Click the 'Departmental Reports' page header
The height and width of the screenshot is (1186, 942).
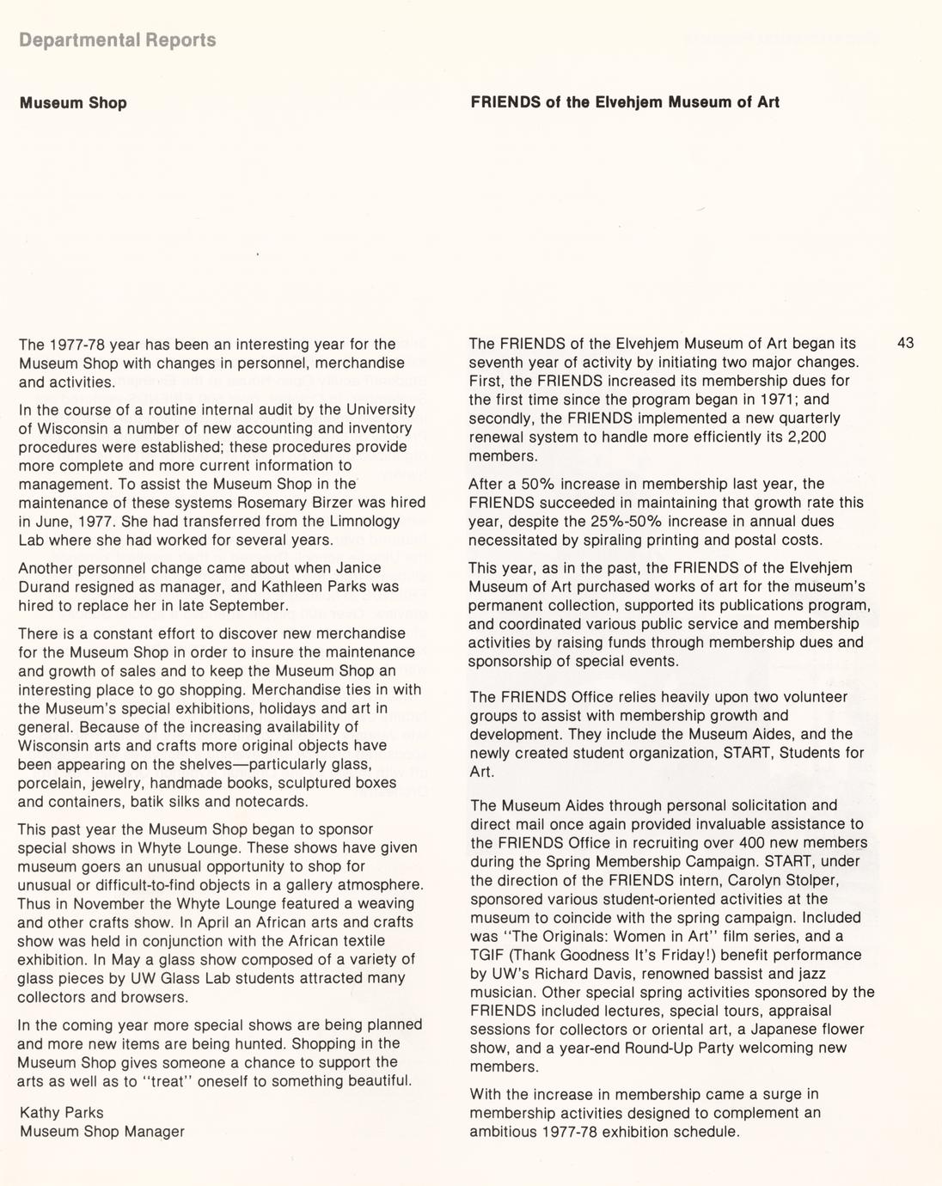point(118,40)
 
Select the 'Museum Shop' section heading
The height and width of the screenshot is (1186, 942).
point(73,103)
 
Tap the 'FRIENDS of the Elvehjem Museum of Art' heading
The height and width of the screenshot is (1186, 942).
point(625,102)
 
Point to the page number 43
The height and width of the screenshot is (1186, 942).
point(905,343)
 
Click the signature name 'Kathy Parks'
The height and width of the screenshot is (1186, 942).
point(61,1113)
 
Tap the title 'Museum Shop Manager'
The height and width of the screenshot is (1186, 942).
point(102,1132)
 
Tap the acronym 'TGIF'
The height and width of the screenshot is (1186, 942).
point(487,955)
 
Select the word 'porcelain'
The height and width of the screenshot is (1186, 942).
point(49,783)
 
